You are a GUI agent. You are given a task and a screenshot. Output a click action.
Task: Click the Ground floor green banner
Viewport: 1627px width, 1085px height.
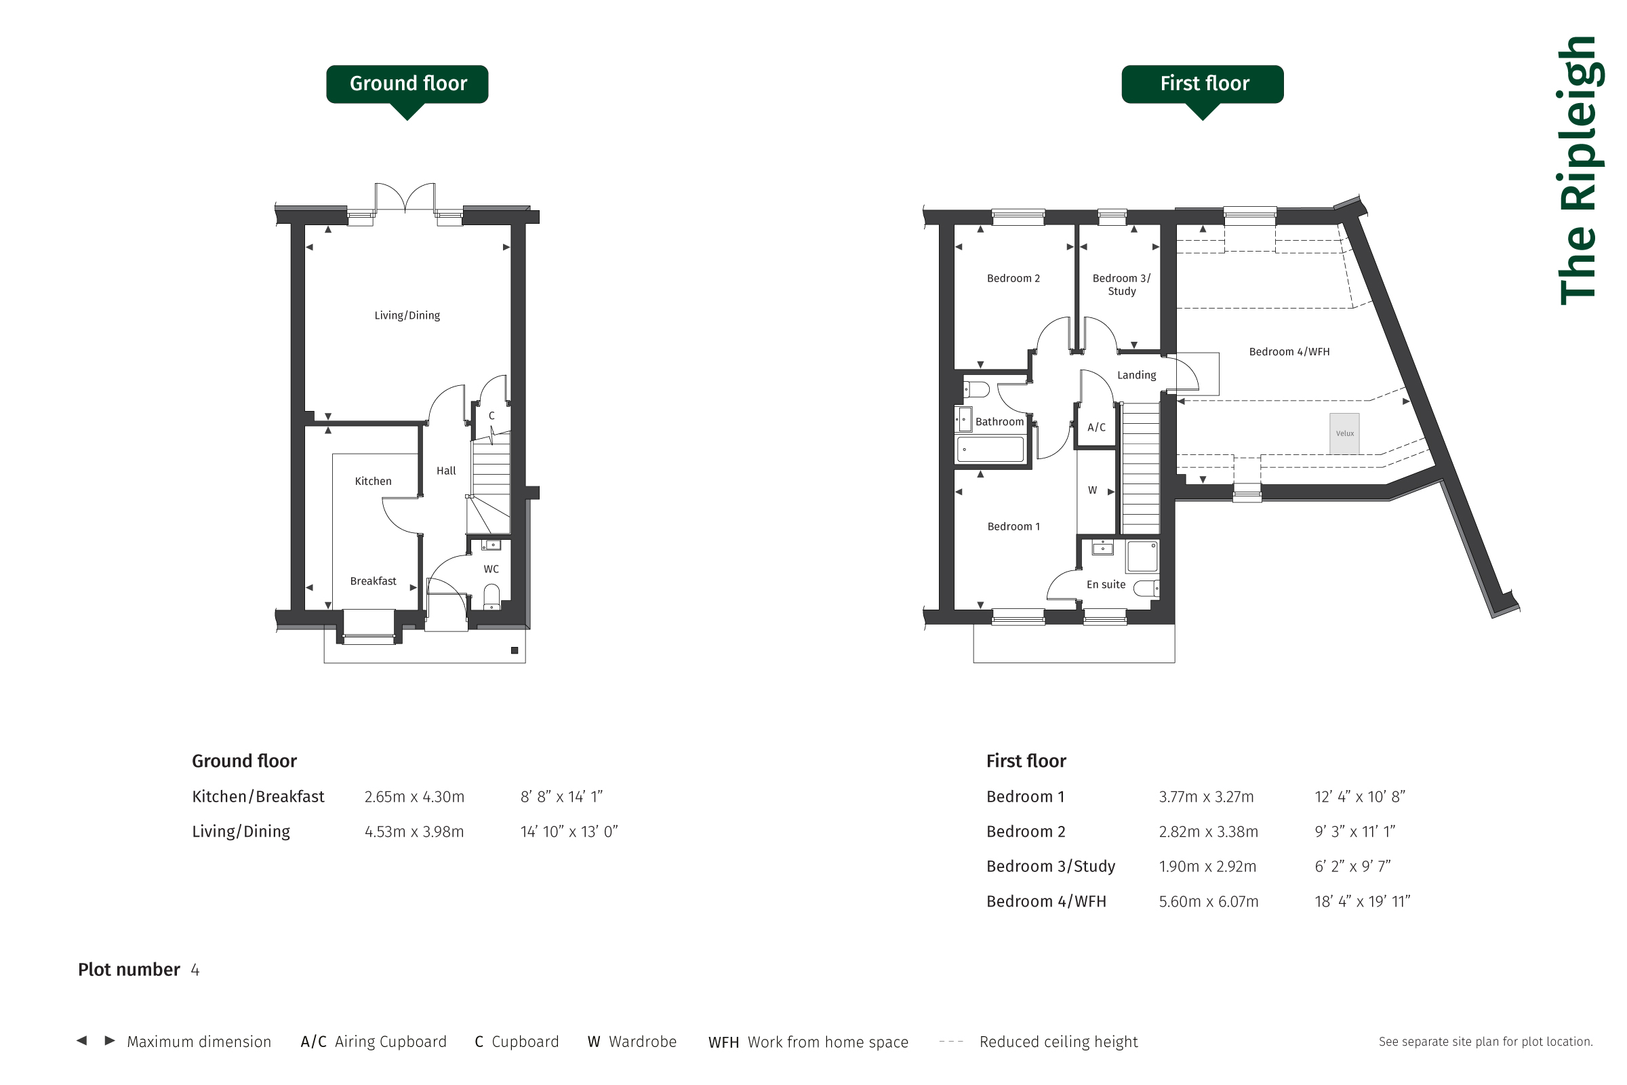tap(407, 84)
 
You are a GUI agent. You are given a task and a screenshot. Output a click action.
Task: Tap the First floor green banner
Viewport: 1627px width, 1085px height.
tap(1202, 84)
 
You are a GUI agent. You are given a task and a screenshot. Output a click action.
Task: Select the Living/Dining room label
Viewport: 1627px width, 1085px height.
tap(407, 315)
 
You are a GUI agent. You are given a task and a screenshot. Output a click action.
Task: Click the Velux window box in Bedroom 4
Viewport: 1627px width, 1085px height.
tap(1344, 434)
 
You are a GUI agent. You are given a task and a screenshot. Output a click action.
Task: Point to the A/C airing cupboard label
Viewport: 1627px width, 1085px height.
tap(1096, 428)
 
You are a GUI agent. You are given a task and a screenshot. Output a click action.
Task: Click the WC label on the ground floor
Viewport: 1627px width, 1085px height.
tap(491, 570)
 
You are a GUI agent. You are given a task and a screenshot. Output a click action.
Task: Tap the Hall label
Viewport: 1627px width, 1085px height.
tap(446, 471)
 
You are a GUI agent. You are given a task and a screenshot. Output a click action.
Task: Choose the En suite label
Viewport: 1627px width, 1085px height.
tap(1106, 585)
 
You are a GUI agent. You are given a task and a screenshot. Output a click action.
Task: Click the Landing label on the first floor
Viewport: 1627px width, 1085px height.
tap(1137, 375)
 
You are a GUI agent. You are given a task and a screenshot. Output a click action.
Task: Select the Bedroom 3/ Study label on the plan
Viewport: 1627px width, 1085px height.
tap(1121, 284)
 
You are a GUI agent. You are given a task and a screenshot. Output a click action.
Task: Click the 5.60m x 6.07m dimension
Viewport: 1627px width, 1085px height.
tap(1209, 902)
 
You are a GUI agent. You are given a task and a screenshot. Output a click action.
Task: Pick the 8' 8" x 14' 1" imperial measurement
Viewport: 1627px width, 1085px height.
tap(561, 797)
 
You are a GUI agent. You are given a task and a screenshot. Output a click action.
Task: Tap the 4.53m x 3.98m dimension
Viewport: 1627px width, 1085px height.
tap(414, 832)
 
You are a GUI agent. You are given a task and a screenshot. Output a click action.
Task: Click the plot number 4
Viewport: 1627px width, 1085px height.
tap(195, 970)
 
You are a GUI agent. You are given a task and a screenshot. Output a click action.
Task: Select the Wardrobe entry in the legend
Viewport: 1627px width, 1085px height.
tap(632, 1042)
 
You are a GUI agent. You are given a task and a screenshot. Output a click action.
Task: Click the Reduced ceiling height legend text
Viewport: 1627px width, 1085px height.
tap(1058, 1042)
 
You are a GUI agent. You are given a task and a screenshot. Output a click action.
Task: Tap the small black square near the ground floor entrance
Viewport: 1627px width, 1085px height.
tap(515, 650)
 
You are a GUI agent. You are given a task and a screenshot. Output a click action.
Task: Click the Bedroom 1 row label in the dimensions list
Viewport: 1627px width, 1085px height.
tap(1025, 797)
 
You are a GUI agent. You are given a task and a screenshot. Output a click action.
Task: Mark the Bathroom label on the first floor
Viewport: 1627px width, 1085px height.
tap(999, 422)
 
